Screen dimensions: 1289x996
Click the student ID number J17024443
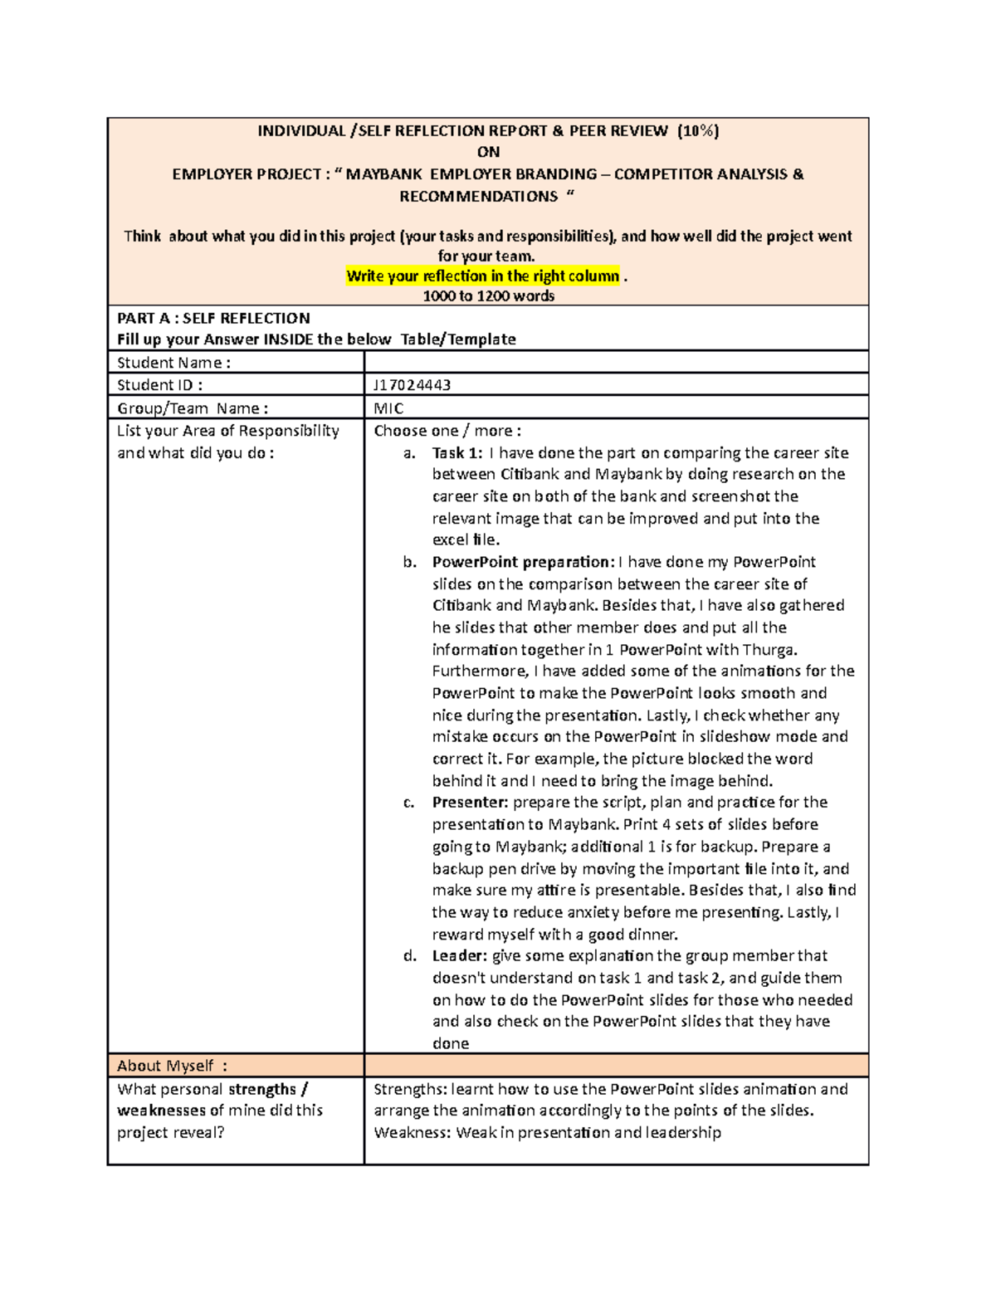413,385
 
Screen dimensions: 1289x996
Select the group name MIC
388,408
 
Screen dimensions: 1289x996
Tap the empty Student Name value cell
616,362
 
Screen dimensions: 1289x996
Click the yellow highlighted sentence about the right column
483,276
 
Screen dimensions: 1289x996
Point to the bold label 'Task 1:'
457,453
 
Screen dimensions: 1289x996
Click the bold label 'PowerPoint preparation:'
523,562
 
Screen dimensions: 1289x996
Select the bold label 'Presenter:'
470,803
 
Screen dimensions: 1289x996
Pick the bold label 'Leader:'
460,956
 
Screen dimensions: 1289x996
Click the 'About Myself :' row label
172,1066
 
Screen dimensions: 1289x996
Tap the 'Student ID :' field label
159,385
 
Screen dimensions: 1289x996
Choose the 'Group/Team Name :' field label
193,408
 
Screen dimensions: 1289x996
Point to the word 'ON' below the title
488,152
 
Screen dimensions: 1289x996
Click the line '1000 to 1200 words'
488,296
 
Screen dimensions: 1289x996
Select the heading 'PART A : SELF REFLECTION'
213,319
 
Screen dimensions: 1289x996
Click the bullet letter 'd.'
409,956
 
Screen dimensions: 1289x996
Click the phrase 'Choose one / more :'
447,431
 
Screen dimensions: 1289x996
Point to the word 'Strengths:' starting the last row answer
408,1089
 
